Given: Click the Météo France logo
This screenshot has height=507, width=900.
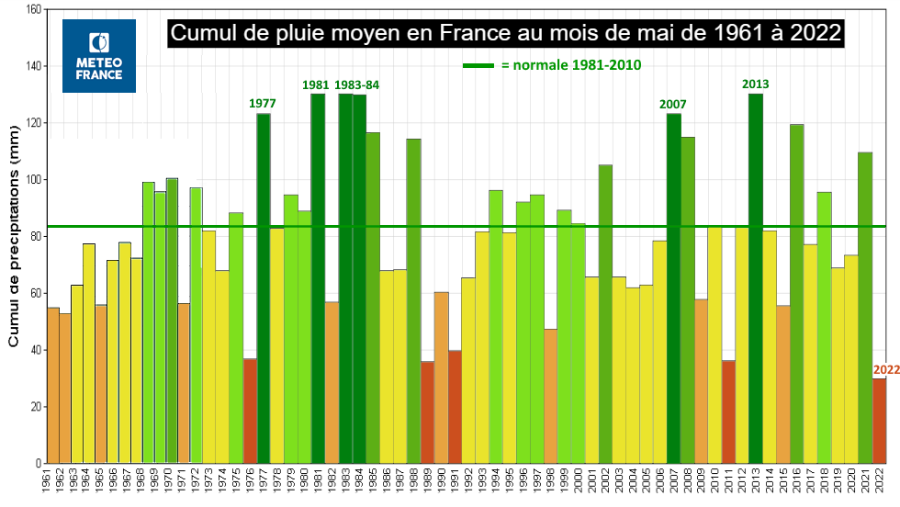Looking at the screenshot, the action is click(x=99, y=56).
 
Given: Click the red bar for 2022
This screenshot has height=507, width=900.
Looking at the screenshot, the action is click(x=880, y=421).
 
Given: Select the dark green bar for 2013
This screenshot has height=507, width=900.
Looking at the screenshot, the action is click(x=755, y=278).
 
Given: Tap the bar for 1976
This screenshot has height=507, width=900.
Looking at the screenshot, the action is click(x=250, y=411).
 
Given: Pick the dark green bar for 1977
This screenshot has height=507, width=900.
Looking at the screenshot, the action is click(x=264, y=288).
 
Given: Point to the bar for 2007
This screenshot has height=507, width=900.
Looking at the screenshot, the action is click(x=674, y=288).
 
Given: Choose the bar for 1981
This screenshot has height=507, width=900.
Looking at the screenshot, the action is click(x=318, y=278).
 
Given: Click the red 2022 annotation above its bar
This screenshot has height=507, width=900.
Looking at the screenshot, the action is click(x=886, y=370).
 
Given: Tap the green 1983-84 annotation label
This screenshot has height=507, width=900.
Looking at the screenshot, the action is click(x=356, y=85).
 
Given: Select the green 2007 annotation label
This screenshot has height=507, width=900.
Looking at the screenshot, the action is click(x=672, y=104).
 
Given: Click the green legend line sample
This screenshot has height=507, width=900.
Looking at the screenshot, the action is click(x=478, y=65).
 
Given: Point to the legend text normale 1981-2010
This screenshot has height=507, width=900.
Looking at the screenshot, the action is click(x=571, y=65).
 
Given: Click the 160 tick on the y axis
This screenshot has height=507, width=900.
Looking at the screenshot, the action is click(x=34, y=9).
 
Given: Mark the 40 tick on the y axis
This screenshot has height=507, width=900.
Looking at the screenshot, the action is click(x=36, y=350).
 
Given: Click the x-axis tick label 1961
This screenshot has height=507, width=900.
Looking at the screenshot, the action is click(x=47, y=480).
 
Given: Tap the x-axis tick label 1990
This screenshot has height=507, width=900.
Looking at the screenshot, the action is click(x=442, y=480).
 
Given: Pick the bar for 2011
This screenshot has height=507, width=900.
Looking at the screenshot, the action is click(x=728, y=411).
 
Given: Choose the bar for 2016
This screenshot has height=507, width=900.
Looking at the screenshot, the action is click(x=797, y=294).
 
